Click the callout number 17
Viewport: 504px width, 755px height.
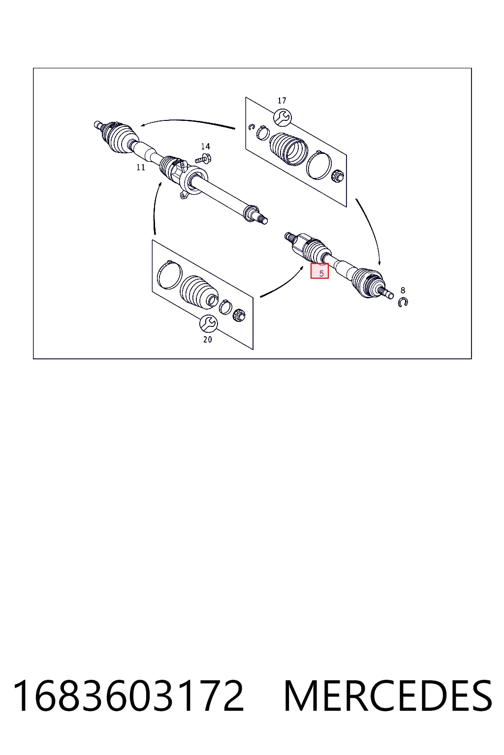[282, 100]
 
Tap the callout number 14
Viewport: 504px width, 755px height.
[205, 146]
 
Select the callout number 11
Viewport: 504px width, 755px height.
[141, 167]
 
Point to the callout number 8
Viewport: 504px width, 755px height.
[403, 290]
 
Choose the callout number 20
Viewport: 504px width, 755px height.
[208, 340]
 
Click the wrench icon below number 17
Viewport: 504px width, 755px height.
[283, 117]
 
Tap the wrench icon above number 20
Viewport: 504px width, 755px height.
[208, 323]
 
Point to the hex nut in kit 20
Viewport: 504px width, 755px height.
[239, 315]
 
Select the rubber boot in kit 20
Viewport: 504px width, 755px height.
[199, 292]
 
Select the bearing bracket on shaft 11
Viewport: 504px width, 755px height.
[192, 179]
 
